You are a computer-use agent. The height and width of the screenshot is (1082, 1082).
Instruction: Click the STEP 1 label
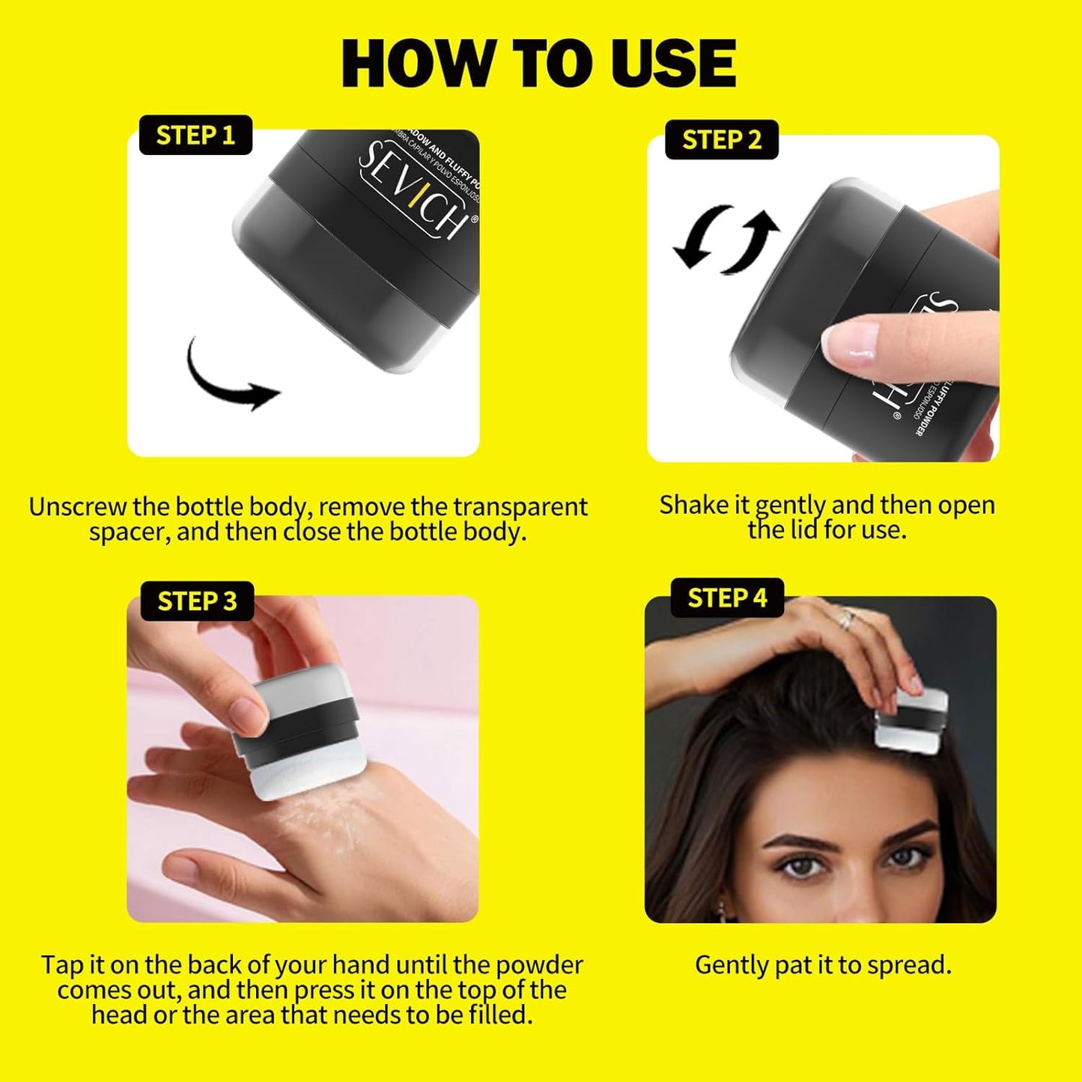[195, 136]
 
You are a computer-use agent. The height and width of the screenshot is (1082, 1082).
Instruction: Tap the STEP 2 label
[721, 140]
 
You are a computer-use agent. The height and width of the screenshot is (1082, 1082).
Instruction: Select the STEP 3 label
[197, 601]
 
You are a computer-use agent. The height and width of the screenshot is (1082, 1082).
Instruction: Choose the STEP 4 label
[727, 598]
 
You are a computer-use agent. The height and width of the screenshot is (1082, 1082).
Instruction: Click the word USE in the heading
[673, 64]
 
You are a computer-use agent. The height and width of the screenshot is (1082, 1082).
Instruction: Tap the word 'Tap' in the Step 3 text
[62, 964]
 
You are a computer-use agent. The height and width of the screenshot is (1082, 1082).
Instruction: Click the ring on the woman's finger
[846, 618]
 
